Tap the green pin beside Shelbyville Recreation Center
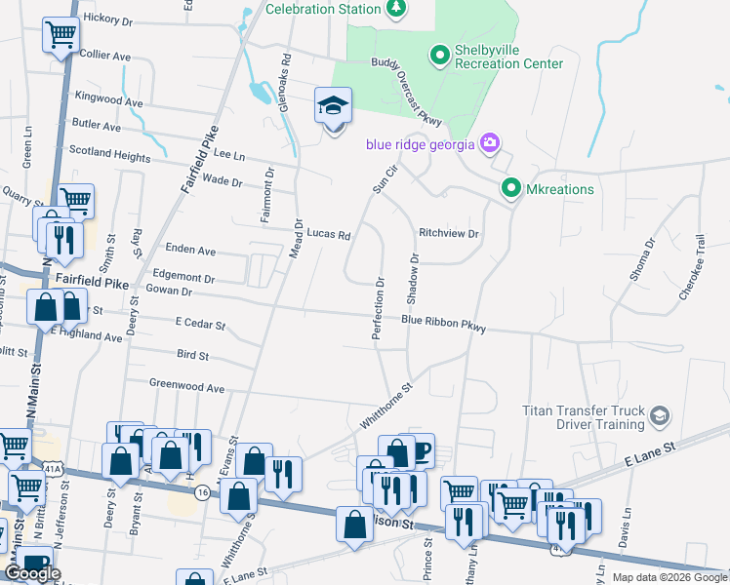pyautogui.click(x=438, y=57)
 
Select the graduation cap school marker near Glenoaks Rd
pyautogui.click(x=333, y=106)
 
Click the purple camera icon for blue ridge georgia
pyautogui.click(x=490, y=144)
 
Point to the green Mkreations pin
pyautogui.click(x=509, y=188)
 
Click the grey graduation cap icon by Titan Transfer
pyautogui.click(x=660, y=417)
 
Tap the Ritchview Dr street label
pyautogui.click(x=449, y=234)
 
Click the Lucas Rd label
pyautogui.click(x=328, y=234)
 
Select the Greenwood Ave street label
pyautogui.click(x=186, y=388)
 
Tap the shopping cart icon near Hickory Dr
pyautogui.click(x=61, y=37)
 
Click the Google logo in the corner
pyautogui.click(x=33, y=573)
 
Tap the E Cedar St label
pyautogui.click(x=200, y=325)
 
